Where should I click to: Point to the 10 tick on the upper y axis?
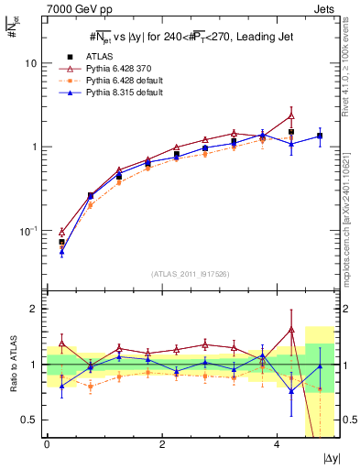point(33,63)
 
